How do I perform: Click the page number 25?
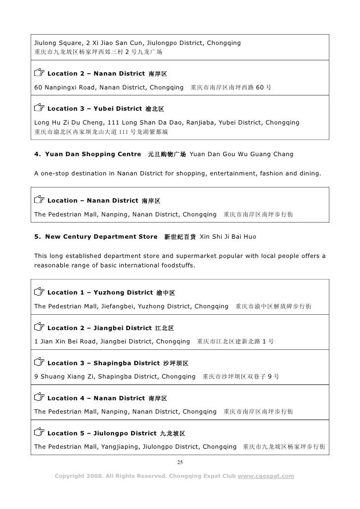click(180, 462)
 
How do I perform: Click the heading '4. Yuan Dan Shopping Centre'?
click(88, 155)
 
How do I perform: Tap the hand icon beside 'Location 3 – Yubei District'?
click(39, 108)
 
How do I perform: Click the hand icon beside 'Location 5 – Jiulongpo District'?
click(39, 433)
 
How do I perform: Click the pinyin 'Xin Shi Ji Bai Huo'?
click(227, 237)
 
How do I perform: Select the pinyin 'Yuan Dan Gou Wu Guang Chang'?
click(241, 155)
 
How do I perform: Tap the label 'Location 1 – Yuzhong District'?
click(99, 293)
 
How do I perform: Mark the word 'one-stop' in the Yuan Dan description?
click(57, 173)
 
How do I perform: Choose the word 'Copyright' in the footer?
click(73, 476)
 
